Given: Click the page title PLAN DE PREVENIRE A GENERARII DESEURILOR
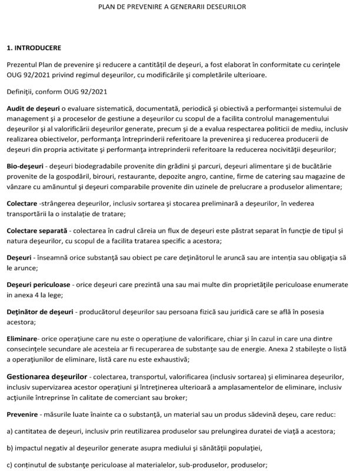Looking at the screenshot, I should point(179,7).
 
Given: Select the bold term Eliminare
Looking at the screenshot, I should point(22,340).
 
